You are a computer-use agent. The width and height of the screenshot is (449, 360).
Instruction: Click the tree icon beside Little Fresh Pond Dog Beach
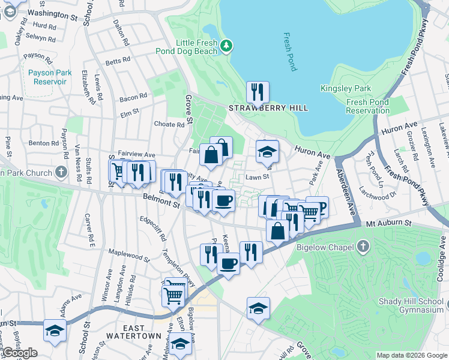(x=226, y=46)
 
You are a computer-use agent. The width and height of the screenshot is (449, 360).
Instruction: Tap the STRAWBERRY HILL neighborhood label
(x=268, y=108)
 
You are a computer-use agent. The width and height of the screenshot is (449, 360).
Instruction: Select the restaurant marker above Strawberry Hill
(x=258, y=92)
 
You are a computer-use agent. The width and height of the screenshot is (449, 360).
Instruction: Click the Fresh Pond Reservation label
(x=368, y=106)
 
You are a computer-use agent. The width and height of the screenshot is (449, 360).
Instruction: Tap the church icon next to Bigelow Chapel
(x=363, y=247)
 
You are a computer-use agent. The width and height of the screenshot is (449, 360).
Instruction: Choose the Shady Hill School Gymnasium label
(x=411, y=305)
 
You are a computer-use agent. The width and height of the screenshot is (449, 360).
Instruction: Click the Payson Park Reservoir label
(x=50, y=77)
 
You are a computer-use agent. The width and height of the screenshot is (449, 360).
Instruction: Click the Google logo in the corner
(x=19, y=353)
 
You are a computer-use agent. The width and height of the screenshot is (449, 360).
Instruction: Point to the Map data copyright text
(x=412, y=355)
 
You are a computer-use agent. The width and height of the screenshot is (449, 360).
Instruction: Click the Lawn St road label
(x=256, y=177)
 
